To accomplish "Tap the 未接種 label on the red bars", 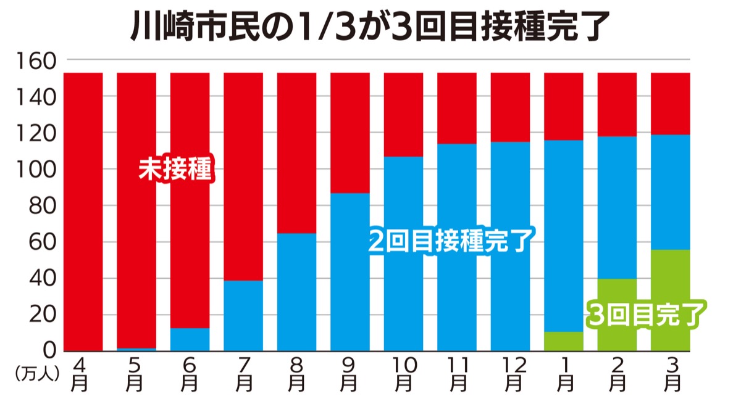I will click(175, 169).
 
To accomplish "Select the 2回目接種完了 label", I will click(450, 241).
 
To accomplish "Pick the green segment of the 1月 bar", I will click(564, 341).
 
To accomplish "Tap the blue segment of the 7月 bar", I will click(243, 315).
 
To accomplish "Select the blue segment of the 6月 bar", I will click(190, 339).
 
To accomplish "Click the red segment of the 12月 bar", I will click(510, 107).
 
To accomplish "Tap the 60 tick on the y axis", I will click(43, 242).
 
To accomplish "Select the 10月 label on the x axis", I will click(404, 374).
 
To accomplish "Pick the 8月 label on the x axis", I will click(297, 374).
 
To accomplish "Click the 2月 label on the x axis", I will click(617, 374).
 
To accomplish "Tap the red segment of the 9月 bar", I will click(350, 133).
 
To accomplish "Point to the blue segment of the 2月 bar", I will click(617, 207).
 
